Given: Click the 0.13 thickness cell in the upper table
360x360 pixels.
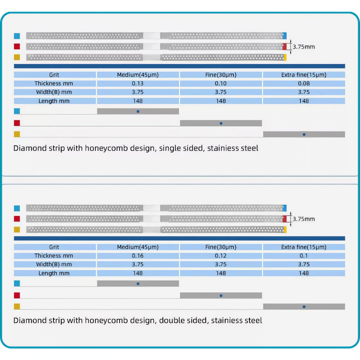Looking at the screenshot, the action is click(138, 84).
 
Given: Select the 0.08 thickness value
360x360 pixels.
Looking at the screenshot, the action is click(304, 84).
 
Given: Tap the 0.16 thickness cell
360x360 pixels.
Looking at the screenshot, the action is click(138, 256).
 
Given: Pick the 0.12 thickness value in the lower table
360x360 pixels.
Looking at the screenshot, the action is click(221, 256).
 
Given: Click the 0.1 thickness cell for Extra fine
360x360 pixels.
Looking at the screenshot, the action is click(304, 256).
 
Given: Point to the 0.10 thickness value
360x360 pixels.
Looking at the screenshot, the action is click(221, 84).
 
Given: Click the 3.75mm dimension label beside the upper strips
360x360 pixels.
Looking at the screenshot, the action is click(303, 47).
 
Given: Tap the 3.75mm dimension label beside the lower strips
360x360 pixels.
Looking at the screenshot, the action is click(303, 219).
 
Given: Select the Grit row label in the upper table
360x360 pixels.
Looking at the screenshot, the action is click(54, 75).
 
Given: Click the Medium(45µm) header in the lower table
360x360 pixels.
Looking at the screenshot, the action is click(138, 247).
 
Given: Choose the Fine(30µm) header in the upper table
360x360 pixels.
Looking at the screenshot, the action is click(221, 75).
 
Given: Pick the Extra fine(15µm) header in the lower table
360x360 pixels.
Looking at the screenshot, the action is click(304, 247).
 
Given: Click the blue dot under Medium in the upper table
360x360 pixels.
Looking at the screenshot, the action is click(138, 111).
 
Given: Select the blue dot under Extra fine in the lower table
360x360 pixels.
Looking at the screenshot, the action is click(304, 307).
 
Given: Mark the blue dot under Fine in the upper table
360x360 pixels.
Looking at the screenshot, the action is click(221, 123).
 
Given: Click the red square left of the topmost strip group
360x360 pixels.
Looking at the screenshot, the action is click(17, 46).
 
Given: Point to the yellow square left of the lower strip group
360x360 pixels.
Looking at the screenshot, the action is click(17, 230).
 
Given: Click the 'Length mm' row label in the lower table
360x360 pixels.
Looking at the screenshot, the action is click(54, 273).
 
